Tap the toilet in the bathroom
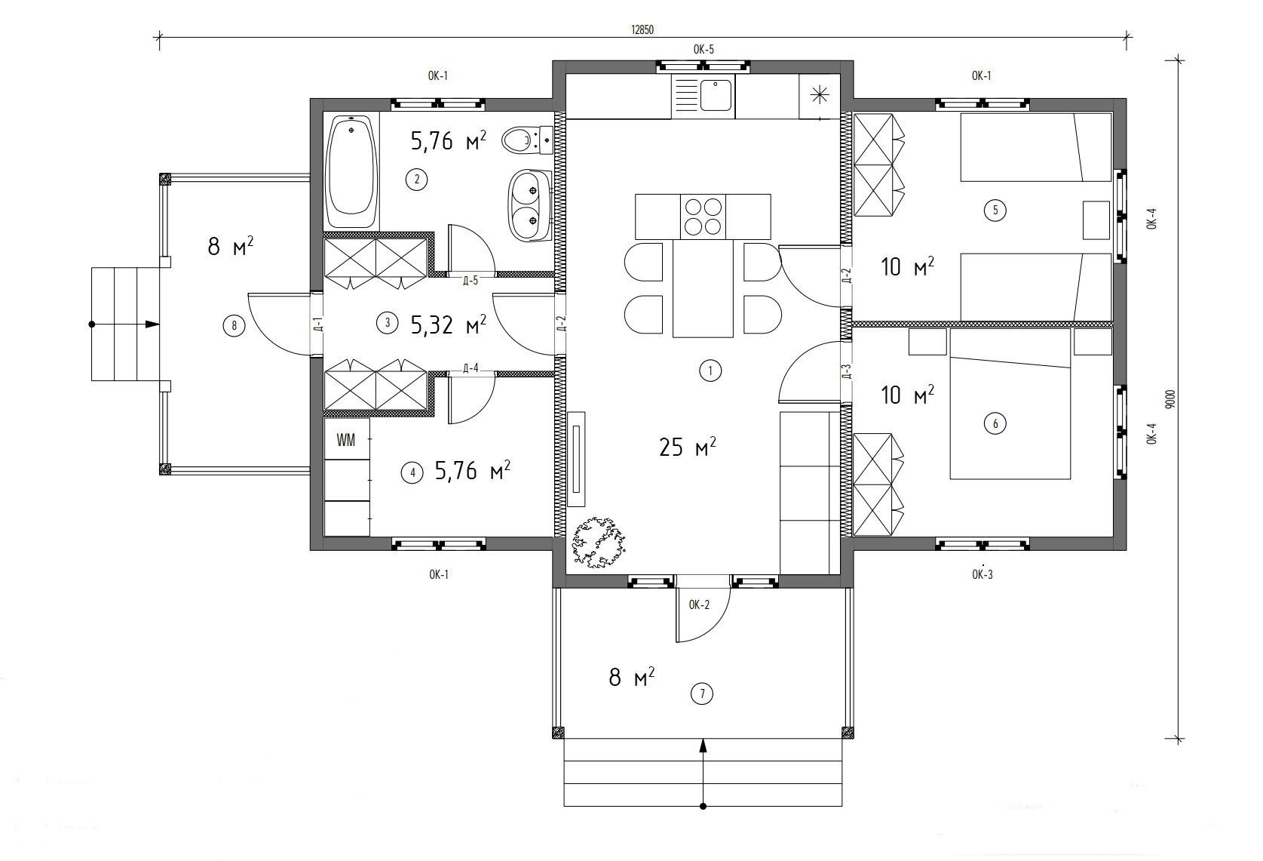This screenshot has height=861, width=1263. [527, 140]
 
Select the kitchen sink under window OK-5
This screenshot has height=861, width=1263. [716, 95]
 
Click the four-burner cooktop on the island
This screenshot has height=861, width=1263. [703, 217]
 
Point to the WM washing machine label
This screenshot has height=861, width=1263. [346, 440]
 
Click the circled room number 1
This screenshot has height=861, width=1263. [710, 371]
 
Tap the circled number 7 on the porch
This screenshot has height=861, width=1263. [702, 694]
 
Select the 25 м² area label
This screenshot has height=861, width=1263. [688, 447]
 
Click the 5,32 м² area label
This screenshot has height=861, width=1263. [448, 324]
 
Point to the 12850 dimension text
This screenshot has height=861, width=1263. [642, 30]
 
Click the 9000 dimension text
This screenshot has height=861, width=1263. [1171, 399]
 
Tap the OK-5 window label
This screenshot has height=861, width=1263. [703, 50]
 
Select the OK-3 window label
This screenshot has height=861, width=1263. [983, 574]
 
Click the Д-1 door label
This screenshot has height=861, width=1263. [318, 324]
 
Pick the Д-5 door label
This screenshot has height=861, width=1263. [471, 281]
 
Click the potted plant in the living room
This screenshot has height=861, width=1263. [599, 543]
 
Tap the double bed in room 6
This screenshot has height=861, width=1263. [1010, 404]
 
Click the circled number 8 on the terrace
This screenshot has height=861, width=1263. [234, 325]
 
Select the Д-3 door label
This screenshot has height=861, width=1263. [846, 371]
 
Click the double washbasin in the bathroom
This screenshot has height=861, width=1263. [529, 206]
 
